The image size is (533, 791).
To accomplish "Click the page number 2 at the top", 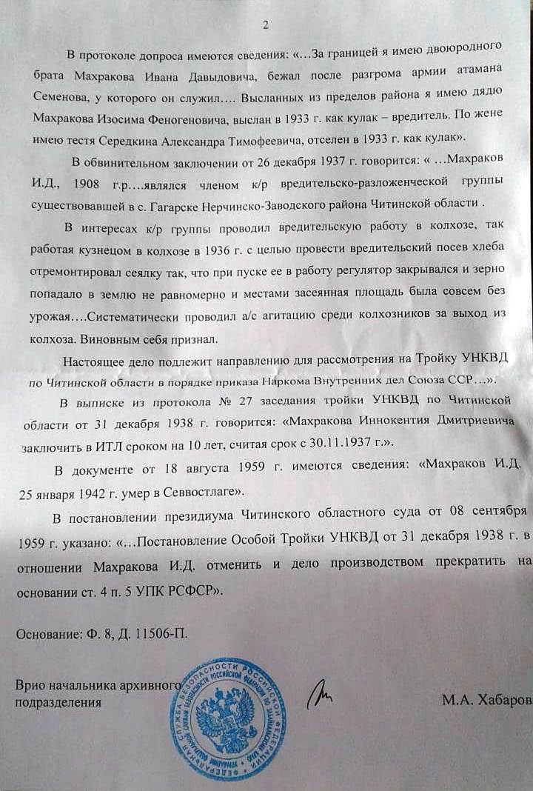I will click(x=266, y=25).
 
